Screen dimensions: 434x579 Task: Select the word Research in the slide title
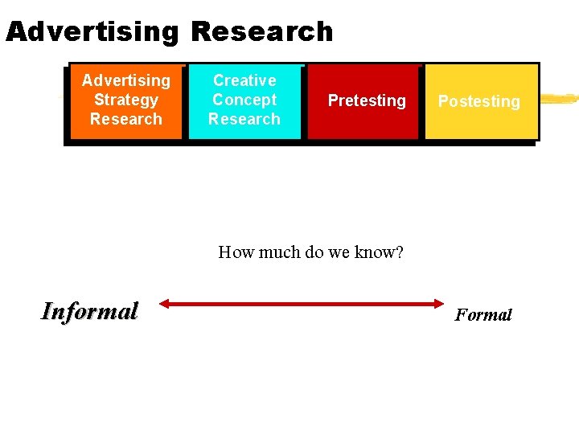coord(262,31)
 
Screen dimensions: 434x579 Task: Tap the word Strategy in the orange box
coord(126,100)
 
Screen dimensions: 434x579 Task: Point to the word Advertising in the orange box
coord(126,80)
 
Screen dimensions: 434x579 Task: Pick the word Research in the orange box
coord(126,119)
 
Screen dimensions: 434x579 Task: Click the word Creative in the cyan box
coord(244,80)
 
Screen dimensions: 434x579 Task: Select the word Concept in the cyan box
coord(244,100)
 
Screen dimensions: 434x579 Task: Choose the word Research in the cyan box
coord(244,119)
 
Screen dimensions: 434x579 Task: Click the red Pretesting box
coord(365,101)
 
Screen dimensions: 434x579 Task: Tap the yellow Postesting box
coord(480,101)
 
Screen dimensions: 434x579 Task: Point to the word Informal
coord(89,311)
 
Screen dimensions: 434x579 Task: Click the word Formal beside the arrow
coord(483,314)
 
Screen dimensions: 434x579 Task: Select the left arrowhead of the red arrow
coord(163,304)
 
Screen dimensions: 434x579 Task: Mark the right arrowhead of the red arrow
coord(439,304)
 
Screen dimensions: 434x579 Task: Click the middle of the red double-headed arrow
coord(301,304)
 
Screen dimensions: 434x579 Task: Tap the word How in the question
coord(236,252)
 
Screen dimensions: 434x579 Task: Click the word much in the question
coord(279,252)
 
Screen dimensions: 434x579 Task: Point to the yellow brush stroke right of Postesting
coord(558,100)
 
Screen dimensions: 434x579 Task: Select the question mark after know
coord(399,252)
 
